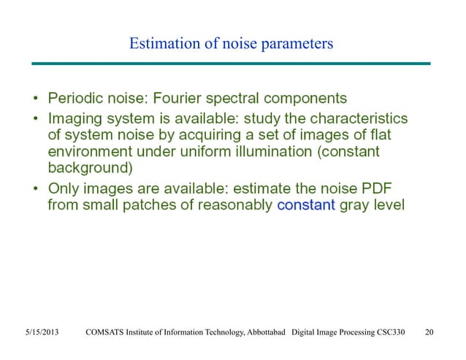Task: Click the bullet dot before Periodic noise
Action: pyautogui.click(x=36, y=98)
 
